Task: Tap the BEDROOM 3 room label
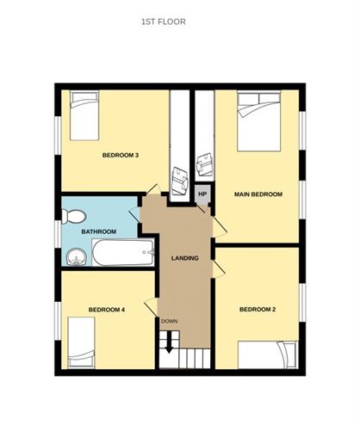click(x=121, y=155)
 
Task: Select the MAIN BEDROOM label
click(x=258, y=194)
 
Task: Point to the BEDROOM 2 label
click(x=257, y=310)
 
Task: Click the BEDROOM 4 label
click(x=107, y=309)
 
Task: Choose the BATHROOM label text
click(x=98, y=232)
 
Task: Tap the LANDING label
click(x=185, y=258)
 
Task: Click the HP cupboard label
click(x=203, y=194)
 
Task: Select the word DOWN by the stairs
click(x=169, y=322)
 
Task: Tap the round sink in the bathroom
click(x=75, y=254)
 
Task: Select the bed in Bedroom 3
click(x=84, y=118)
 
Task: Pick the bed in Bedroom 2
click(x=267, y=354)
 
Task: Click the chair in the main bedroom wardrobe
click(x=205, y=163)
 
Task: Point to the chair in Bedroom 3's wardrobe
click(x=179, y=180)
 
